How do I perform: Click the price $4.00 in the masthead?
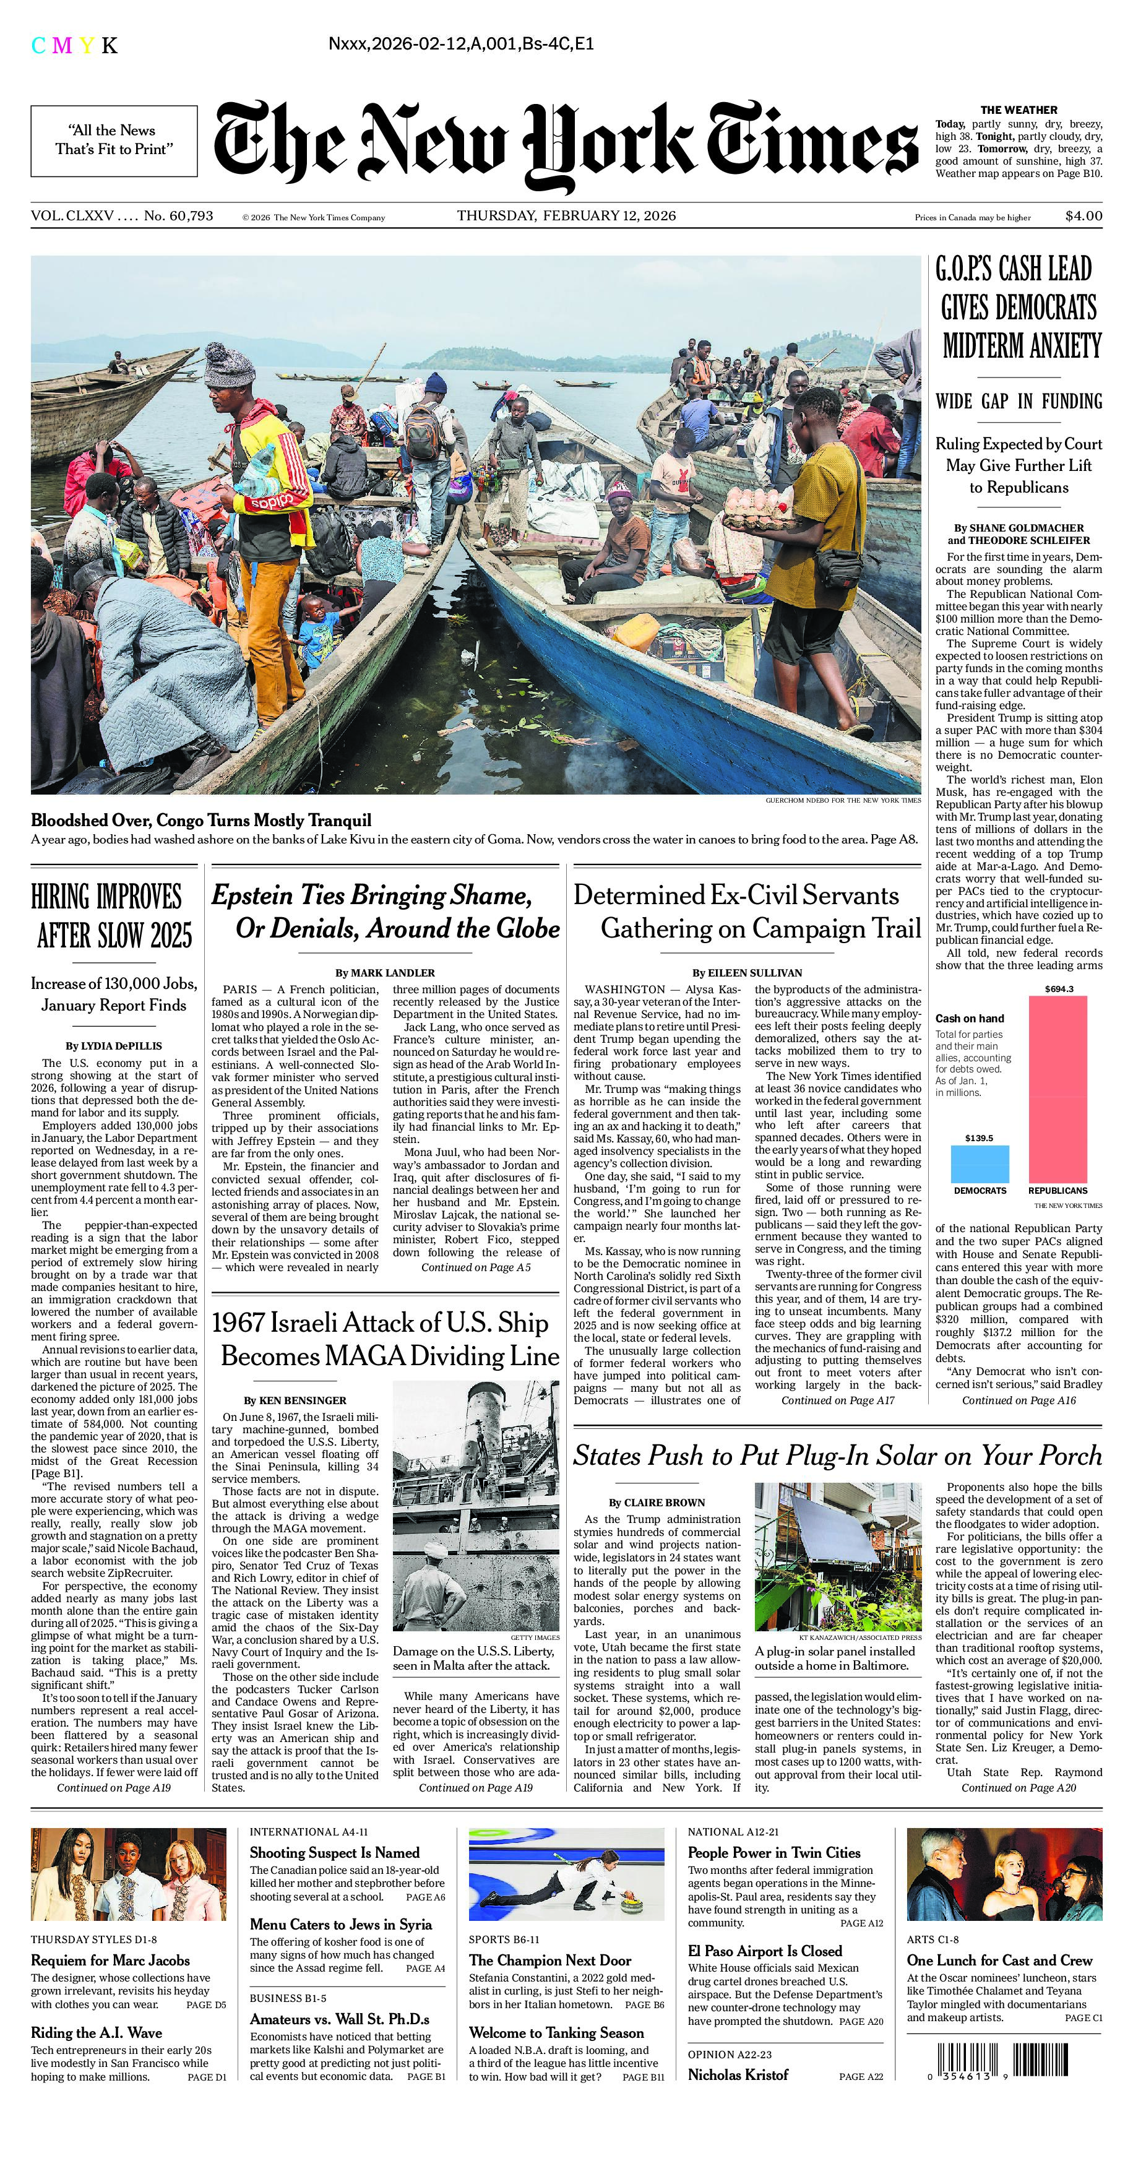[x=1083, y=216]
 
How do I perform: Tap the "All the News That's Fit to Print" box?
[x=114, y=140]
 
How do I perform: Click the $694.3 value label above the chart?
[x=1058, y=988]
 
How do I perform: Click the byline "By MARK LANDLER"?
[x=385, y=972]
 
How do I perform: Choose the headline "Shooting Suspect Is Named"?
[x=334, y=1852]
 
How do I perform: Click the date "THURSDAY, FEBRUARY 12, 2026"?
[x=566, y=216]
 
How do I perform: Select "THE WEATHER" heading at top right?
[x=1019, y=110]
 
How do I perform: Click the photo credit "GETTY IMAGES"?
[x=534, y=1637]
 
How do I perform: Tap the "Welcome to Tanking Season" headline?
[x=556, y=2032]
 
